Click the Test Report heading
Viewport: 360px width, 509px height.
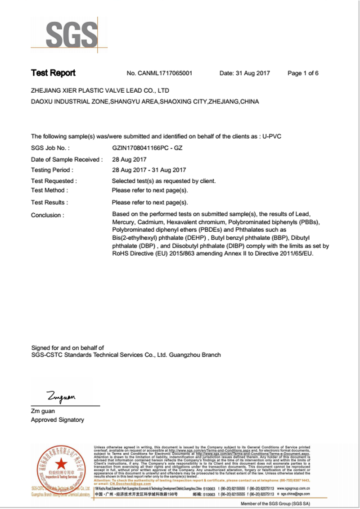pos(53,73)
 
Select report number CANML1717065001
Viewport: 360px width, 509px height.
pos(166,73)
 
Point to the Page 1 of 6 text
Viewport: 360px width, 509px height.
pos(303,73)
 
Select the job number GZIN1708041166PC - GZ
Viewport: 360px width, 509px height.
pos(147,147)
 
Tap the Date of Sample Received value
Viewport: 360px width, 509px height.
pos(129,159)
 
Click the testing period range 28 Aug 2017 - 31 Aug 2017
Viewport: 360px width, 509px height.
pos(149,170)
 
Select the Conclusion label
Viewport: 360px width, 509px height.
pos(47,215)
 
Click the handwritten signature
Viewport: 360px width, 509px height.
pos(61,396)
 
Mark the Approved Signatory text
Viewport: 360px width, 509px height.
pos(57,420)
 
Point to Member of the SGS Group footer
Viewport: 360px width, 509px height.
pos(275,504)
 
